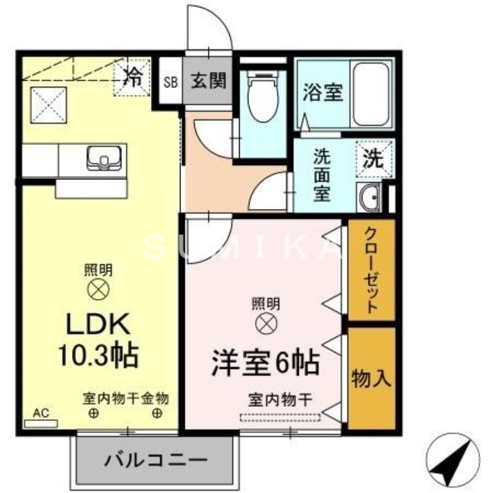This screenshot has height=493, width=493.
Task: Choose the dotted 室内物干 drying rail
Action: click(x=280, y=418)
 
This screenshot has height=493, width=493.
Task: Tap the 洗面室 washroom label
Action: click(x=322, y=175)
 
